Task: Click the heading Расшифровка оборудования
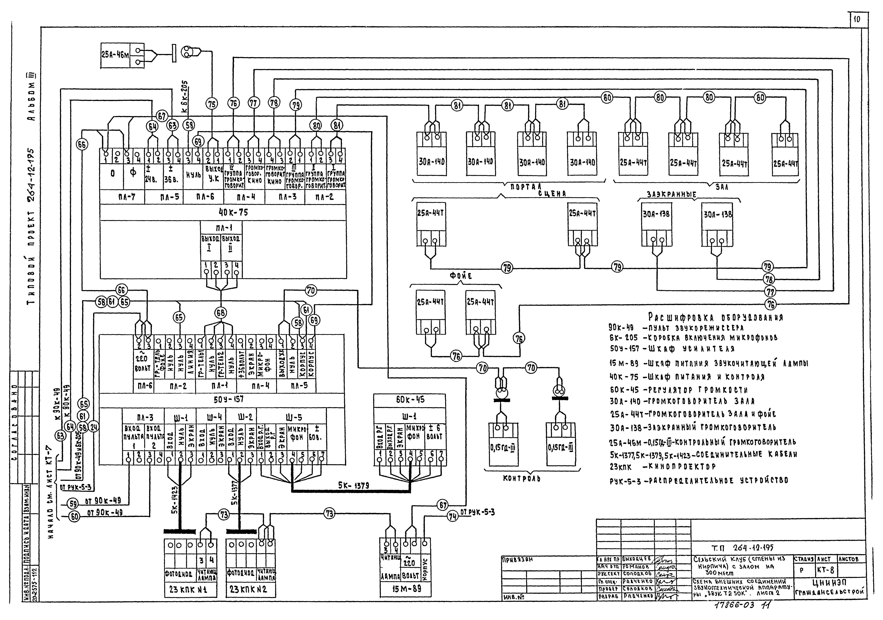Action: (x=715, y=317)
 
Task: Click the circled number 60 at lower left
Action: (x=74, y=517)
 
